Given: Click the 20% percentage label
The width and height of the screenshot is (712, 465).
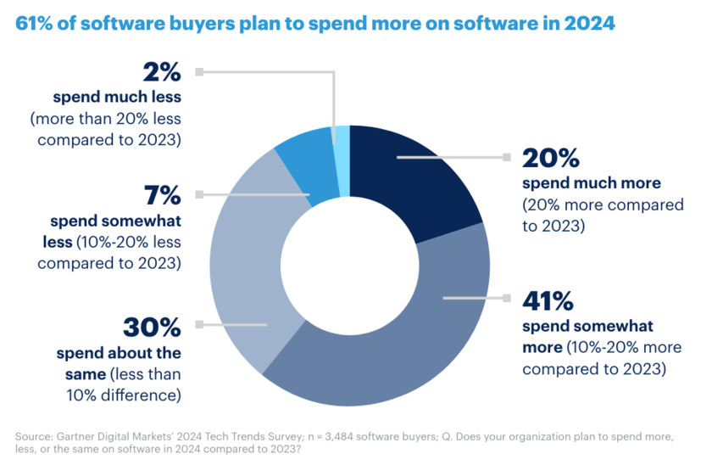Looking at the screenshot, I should coord(550,159).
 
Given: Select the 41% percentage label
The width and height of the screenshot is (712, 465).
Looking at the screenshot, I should coord(550,302).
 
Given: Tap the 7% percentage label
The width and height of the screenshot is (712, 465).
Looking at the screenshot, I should coord(160,195).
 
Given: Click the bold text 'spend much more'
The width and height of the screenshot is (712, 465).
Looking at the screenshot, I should coord(580,184).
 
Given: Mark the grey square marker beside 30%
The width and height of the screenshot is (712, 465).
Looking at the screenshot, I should coord(199,324).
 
